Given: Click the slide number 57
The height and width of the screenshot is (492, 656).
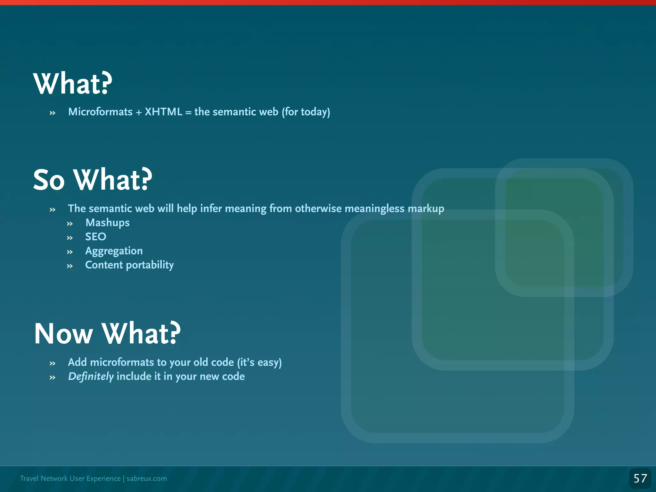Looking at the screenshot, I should click(640, 479).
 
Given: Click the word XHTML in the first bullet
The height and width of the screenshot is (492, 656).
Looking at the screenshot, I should click(163, 112).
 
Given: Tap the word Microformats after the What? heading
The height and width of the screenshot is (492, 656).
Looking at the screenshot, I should click(100, 112).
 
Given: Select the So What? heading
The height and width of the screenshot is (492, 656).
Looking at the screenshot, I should click(93, 180).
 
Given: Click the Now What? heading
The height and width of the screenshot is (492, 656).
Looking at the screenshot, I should click(107, 334).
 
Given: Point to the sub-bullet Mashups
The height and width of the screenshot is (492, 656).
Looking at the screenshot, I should click(107, 223).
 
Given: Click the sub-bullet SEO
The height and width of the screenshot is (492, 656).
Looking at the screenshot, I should click(95, 237).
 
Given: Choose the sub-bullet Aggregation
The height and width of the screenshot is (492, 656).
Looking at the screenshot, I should click(114, 251).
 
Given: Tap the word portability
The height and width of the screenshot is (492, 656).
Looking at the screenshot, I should click(150, 265).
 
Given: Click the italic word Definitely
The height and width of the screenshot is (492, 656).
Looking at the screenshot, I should click(91, 376).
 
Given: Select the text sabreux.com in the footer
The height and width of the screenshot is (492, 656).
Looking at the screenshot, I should click(147, 479).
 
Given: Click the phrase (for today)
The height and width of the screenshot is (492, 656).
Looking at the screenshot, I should click(306, 112).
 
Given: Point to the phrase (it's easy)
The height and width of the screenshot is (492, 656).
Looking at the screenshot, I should click(259, 362).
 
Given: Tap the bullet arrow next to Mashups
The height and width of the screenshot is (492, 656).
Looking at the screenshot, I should click(70, 224).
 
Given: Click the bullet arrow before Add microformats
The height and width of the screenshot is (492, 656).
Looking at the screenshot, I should click(53, 364).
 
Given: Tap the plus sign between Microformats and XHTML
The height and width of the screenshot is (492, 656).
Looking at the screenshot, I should click(139, 112).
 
